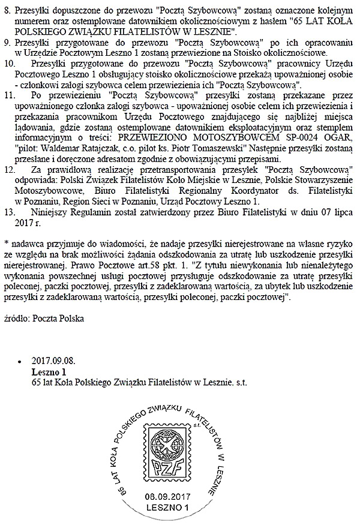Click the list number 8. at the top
7,10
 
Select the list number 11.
10,94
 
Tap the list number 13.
10,212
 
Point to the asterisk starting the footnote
5,243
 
